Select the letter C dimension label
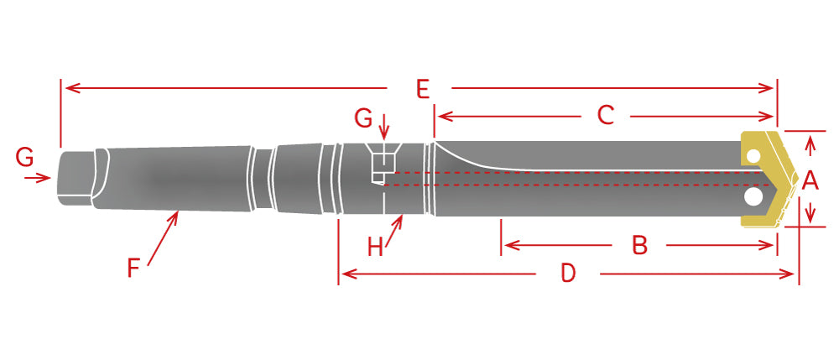click(x=606, y=116)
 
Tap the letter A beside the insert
click(x=810, y=179)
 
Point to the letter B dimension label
click(x=639, y=246)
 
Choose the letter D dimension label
click(x=568, y=274)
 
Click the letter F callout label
click(x=133, y=268)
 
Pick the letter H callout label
click(x=375, y=247)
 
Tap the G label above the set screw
click(x=363, y=119)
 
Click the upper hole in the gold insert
click(x=754, y=157)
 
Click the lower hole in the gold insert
click(x=754, y=196)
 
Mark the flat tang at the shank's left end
click(x=74, y=176)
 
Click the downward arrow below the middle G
click(x=384, y=134)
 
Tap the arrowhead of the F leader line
click(x=177, y=214)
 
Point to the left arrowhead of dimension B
click(x=507, y=246)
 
